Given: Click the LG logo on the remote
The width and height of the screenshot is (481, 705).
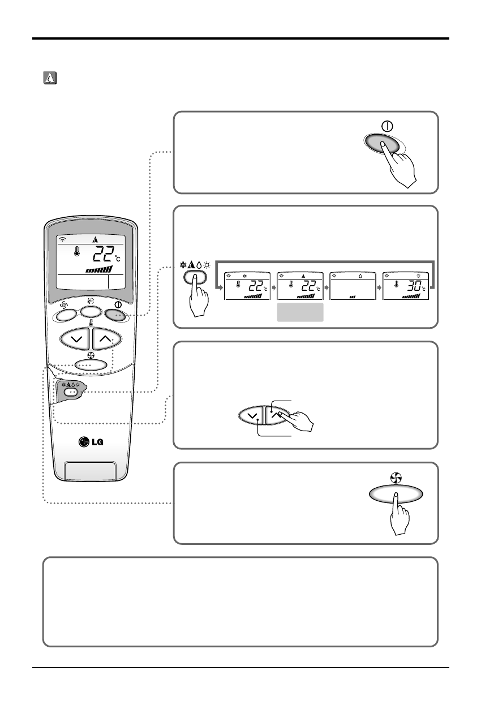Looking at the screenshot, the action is (91, 441).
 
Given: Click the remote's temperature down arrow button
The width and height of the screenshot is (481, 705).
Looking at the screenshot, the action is (75, 339).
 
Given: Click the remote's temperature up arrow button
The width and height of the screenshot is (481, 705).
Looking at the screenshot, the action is (106, 339).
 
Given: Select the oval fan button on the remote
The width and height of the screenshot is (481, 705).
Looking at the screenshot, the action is (91, 364).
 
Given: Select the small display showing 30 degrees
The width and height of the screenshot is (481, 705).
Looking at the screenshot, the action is (405, 286).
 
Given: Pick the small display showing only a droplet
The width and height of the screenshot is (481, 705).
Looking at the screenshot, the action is (353, 286).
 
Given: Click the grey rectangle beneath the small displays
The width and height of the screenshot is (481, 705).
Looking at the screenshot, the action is (300, 312).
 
